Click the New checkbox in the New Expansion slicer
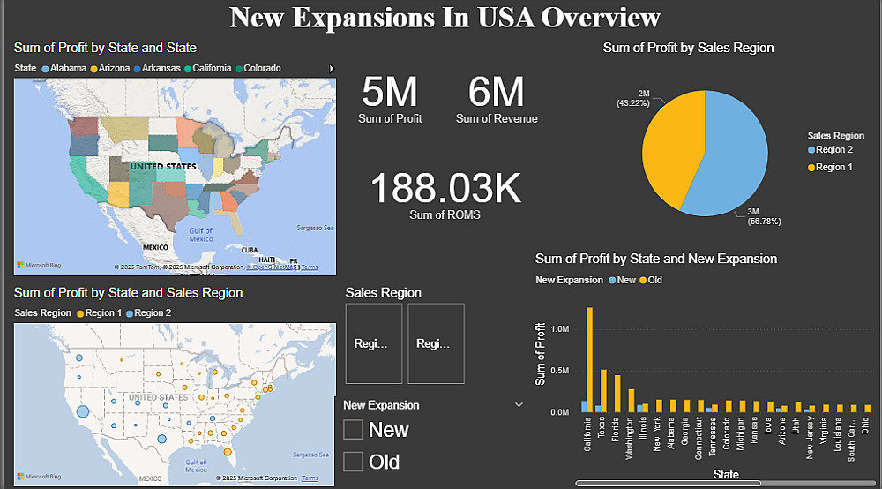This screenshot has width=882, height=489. [354, 430]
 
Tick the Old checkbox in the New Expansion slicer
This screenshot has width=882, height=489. [354, 462]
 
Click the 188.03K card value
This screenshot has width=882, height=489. [445, 188]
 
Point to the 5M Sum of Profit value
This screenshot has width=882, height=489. [390, 92]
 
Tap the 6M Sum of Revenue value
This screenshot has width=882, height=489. [496, 92]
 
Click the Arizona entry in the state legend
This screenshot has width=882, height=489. [114, 68]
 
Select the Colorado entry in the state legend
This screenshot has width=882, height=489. [262, 68]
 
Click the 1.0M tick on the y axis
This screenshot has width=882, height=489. [560, 328]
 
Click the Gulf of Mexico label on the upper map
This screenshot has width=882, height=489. [200, 234]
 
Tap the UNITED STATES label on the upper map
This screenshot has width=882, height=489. [163, 166]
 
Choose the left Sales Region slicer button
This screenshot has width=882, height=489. [374, 343]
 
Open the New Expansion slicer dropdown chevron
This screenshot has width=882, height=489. [518, 404]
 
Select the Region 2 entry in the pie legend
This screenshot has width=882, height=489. [833, 150]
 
